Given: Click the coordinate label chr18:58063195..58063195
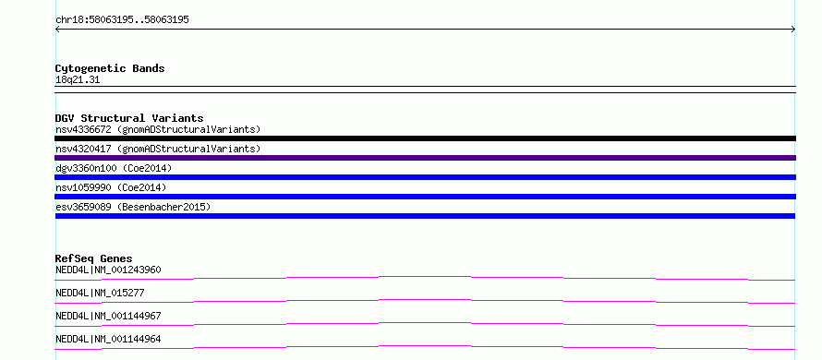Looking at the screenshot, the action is click(122, 20).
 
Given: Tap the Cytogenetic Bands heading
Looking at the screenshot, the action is click(110, 68).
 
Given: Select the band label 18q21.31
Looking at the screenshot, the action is click(78, 80).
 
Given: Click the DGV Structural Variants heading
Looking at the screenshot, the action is click(129, 118).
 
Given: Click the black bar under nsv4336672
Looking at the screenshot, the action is click(425, 138).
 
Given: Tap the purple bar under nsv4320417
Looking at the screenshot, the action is click(425, 158).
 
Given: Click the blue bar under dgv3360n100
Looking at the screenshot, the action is click(425, 177).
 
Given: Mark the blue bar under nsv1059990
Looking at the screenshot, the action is click(425, 197).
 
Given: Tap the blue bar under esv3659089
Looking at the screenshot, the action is click(425, 216).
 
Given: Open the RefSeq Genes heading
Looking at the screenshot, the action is click(94, 258).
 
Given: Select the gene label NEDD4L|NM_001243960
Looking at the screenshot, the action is click(108, 270).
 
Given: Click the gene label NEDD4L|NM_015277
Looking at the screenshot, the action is click(100, 293).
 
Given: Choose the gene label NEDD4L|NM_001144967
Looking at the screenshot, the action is click(108, 316).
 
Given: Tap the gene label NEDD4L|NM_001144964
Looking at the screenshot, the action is click(108, 339).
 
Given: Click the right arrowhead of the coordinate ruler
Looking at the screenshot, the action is click(794, 30).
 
